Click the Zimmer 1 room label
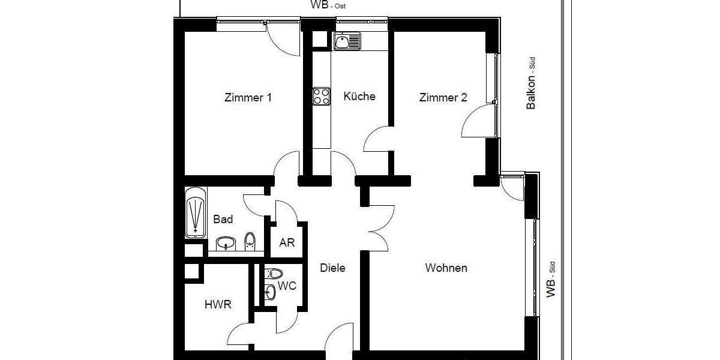point(248,97)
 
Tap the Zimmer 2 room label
point(443,98)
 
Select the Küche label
point(359,96)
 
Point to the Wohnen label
point(446,268)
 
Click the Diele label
point(332,268)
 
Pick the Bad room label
point(223,220)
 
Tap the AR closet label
point(287,244)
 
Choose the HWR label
point(218,305)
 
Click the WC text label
point(287,286)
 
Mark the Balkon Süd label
point(531,88)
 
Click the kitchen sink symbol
point(347,41)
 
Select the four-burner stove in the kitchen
point(322,96)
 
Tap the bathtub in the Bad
point(196,213)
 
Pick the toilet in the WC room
point(274,274)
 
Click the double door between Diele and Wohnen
point(378,227)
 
